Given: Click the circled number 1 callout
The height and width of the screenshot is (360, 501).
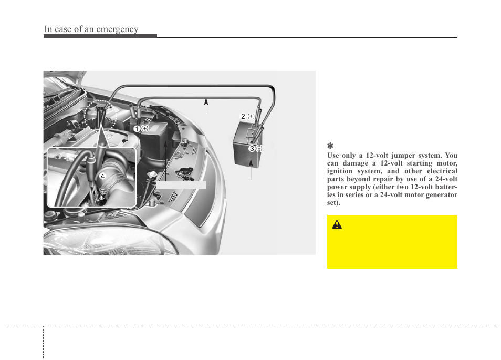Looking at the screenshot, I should (x=135, y=129).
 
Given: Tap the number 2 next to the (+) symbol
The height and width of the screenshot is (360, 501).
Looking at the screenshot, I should (x=243, y=116).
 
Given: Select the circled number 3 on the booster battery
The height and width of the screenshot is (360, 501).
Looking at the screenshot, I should (x=252, y=149).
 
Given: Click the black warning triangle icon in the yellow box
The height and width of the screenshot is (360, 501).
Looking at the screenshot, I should (x=337, y=225).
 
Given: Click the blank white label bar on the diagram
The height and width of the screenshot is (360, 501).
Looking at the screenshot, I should (x=181, y=184).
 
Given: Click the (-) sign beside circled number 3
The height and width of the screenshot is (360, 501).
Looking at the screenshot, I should (x=259, y=149).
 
